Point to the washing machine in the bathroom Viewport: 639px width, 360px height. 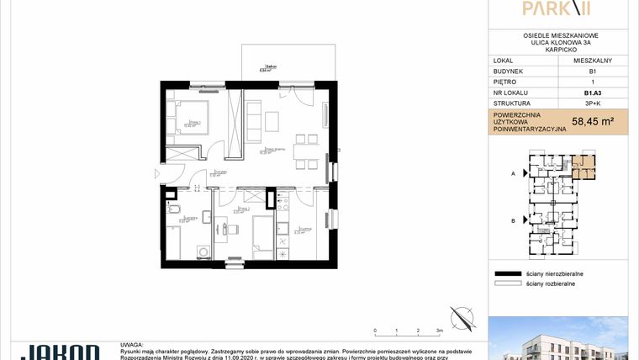click(202, 250)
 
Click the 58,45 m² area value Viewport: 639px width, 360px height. click(592, 121)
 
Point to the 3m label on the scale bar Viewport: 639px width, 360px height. click(440, 331)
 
